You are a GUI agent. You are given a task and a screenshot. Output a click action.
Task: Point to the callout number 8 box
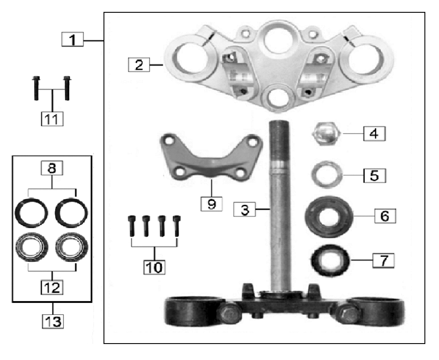[52, 169]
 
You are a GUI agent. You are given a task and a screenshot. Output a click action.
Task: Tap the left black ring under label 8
[31, 211]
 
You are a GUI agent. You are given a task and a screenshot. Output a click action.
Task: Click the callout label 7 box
[383, 261]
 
